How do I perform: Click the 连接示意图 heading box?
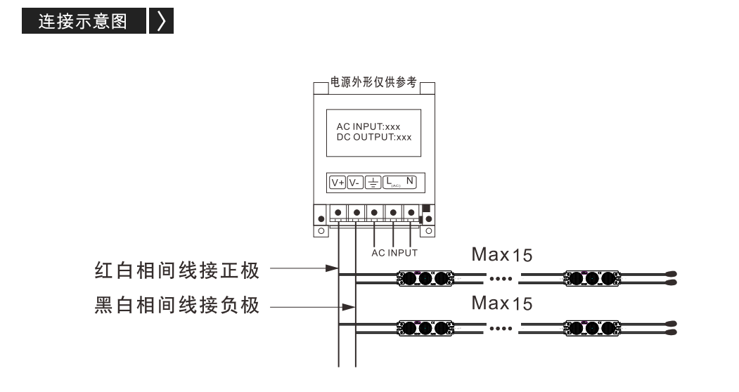[84, 21]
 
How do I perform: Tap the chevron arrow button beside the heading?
[161, 21]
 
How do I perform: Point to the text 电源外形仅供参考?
[373, 82]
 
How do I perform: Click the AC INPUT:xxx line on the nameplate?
[368, 126]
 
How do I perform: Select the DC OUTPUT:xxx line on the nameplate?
[374, 137]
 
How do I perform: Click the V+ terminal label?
[338, 183]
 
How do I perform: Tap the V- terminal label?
[355, 183]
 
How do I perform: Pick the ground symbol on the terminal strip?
[373, 183]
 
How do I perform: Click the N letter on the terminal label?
[409, 181]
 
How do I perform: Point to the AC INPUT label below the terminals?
[394, 253]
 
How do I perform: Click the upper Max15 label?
[502, 255]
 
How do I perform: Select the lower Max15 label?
[502, 303]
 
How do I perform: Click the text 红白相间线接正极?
[177, 271]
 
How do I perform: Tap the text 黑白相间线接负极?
[177, 306]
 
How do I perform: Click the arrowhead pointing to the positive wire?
[332, 268]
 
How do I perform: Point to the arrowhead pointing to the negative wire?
[348, 307]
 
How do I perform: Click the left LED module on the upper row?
[425, 278]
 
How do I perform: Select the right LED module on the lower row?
[592, 328]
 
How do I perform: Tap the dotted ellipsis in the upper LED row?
[501, 279]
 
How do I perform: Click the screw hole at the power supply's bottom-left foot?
[321, 231]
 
